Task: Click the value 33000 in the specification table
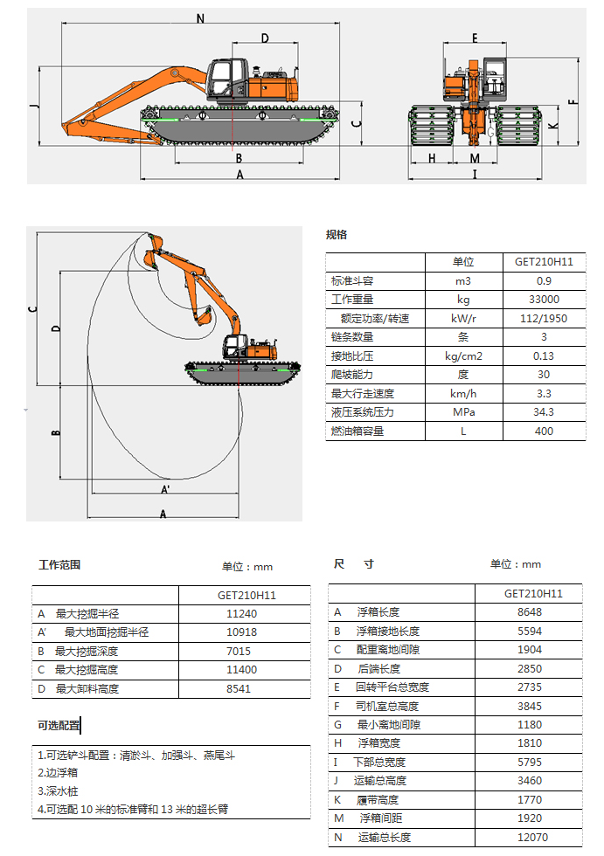[544, 299]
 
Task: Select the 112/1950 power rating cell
[544, 318]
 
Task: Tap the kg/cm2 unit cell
[463, 356]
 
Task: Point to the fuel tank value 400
[544, 431]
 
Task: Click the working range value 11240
[241, 613]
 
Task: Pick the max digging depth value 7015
[239, 652]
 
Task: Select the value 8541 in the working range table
[239, 689]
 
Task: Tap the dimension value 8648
[530, 612]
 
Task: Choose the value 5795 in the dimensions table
[530, 762]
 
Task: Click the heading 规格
[337, 235]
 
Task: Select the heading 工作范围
[59, 564]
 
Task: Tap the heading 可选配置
[59, 726]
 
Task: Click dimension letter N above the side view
[200, 18]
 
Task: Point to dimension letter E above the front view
[475, 38]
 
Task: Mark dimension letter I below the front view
[475, 174]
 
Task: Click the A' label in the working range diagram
[165, 490]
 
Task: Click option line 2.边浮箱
[58, 772]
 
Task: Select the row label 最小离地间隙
[389, 724]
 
